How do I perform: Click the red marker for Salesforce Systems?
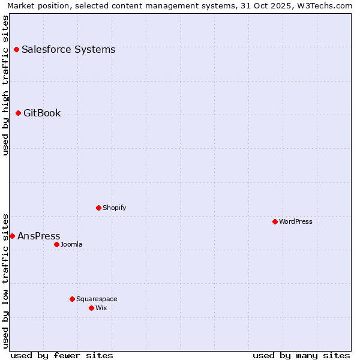(x=16, y=49)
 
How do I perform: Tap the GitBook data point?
(x=18, y=113)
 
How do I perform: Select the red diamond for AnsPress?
(x=12, y=236)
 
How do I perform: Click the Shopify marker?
(x=98, y=208)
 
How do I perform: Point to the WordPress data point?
(x=275, y=221)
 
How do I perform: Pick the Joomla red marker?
(x=56, y=244)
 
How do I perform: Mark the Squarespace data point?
(x=72, y=299)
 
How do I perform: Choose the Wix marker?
(x=91, y=308)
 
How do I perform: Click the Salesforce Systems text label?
(x=68, y=49)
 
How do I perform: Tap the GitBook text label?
(x=42, y=113)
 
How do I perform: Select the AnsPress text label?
(x=39, y=236)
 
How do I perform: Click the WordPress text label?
(x=296, y=221)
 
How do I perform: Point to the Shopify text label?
(x=114, y=208)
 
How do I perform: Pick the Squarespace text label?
(x=97, y=299)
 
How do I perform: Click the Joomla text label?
(x=71, y=244)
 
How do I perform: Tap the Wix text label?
(x=101, y=308)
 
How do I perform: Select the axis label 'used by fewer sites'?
(x=62, y=355)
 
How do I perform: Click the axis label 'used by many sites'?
(x=301, y=355)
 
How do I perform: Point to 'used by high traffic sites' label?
(x=5, y=85)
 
